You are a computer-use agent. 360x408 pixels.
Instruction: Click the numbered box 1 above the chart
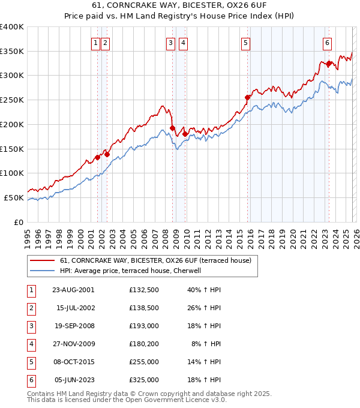coord(95,43)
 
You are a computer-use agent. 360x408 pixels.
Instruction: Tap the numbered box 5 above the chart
coord(246,43)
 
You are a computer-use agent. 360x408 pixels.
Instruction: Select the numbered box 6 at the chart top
coord(327,43)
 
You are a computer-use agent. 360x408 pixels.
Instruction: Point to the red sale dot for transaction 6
coord(329,63)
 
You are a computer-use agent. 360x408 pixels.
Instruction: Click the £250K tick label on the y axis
coord(12,100)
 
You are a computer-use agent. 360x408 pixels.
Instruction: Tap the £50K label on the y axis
coord(14,197)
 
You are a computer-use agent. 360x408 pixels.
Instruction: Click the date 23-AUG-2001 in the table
coord(73,290)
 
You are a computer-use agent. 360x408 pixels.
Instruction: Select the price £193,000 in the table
coord(143,327)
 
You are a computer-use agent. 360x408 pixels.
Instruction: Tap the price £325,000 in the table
coord(143,380)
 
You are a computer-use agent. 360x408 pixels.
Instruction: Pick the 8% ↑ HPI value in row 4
coord(206,344)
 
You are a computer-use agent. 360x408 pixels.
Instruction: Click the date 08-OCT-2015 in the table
coord(73,362)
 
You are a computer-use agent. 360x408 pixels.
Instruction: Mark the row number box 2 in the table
coord(30,308)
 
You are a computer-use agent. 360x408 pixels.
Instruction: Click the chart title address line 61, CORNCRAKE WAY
coord(180,6)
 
